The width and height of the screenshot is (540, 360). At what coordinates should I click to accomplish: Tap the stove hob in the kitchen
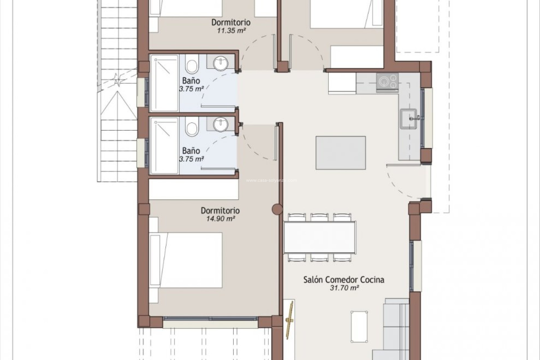387,82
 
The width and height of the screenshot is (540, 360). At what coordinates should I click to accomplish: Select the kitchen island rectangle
341,153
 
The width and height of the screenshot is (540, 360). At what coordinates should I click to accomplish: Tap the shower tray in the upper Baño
165,83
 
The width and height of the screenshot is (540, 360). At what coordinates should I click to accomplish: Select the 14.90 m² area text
221,219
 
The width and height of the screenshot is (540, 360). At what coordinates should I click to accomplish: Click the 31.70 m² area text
344,288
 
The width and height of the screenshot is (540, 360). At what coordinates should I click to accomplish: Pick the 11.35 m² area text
231,30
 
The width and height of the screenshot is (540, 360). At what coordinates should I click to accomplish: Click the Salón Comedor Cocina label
344,280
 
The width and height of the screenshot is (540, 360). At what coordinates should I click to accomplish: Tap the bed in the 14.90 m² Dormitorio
186,260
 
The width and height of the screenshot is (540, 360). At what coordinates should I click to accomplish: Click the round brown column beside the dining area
277,209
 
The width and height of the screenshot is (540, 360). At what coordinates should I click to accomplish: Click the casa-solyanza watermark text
271,181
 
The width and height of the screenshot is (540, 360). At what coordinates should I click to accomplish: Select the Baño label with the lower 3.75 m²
191,150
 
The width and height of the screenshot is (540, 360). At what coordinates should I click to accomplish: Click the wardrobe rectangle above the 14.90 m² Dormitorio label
193,189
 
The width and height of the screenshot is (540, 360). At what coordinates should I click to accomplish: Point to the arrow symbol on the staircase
116,79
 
